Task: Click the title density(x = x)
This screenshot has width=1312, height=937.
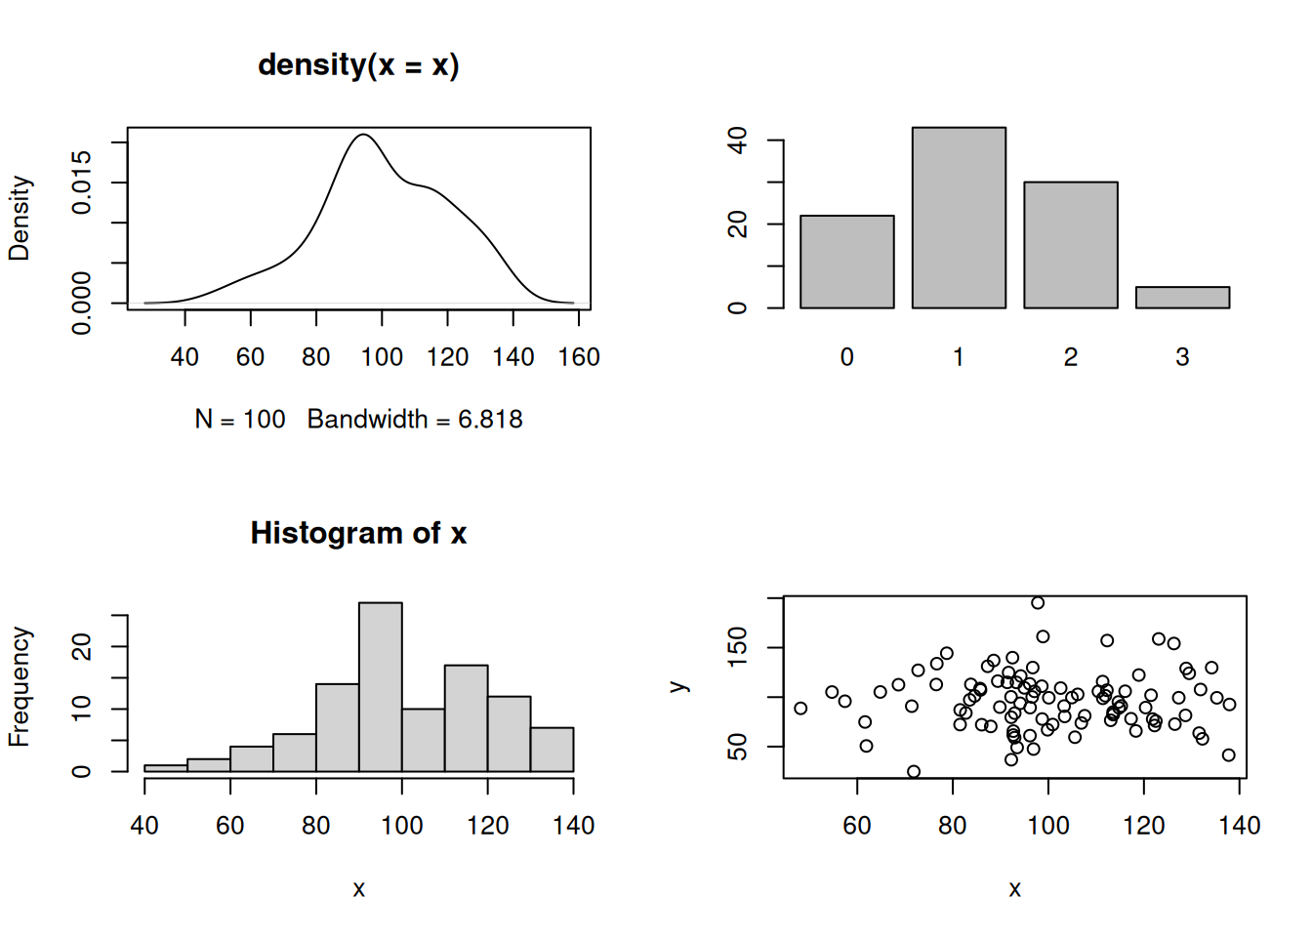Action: point(358,65)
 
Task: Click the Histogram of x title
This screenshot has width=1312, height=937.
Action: point(358,533)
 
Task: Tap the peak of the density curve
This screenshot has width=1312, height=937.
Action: point(363,135)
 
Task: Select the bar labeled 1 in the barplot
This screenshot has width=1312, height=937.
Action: point(959,218)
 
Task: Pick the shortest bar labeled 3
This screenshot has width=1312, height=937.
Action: point(1182,298)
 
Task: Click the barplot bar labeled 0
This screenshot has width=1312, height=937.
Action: point(846,262)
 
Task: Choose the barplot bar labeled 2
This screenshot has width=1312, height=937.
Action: point(1070,245)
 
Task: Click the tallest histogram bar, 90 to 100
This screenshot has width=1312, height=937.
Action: point(380,687)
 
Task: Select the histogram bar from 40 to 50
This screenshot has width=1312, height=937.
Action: point(165,768)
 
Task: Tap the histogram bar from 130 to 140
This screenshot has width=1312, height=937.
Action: point(552,750)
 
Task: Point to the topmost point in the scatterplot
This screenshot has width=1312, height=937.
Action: point(1038,603)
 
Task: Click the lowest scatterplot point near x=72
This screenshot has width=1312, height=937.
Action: point(914,772)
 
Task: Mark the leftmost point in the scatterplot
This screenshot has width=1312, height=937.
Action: point(800,709)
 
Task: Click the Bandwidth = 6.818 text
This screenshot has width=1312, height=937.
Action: point(415,420)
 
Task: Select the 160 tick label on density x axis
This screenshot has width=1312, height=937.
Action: point(579,357)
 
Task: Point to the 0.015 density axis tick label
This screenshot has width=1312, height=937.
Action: point(82,182)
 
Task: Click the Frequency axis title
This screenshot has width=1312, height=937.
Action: point(20,687)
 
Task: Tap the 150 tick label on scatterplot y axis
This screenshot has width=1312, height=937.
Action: point(738,647)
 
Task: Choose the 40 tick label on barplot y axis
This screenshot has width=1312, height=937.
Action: point(738,141)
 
